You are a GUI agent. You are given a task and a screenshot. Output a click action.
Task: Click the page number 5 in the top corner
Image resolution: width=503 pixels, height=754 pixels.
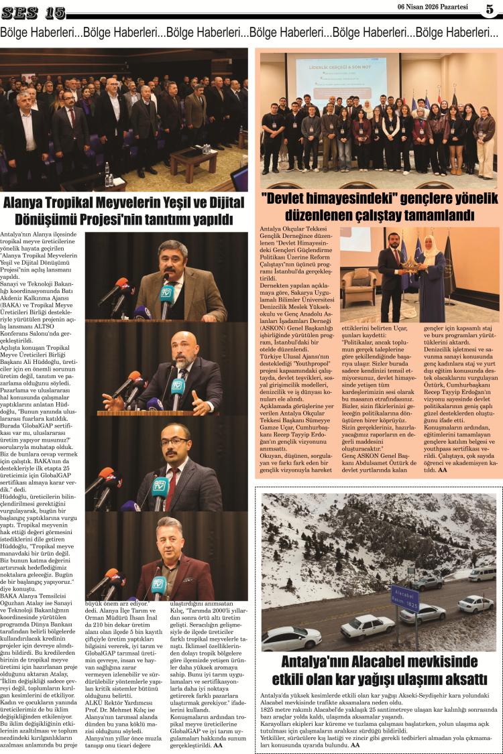490,9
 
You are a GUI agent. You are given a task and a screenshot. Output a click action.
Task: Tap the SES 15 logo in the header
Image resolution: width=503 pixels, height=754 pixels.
34,12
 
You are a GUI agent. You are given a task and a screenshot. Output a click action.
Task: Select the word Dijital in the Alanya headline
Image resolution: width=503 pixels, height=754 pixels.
212,202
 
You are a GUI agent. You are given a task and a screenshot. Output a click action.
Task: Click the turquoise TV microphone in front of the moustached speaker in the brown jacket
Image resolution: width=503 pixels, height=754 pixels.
167,293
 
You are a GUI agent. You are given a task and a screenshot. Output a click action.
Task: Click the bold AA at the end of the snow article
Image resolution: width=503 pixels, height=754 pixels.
355,745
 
